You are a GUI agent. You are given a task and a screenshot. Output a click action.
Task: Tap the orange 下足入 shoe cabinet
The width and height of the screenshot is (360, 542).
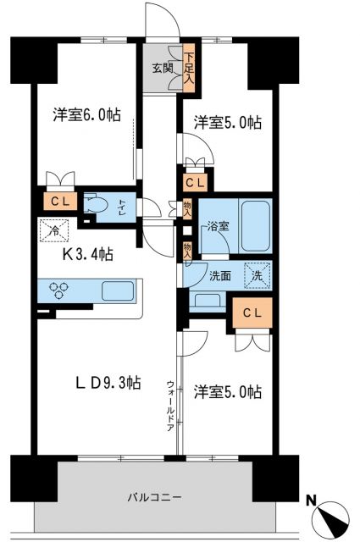(x=189, y=67)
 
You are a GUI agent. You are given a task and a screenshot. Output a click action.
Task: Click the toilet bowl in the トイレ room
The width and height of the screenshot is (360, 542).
(x=97, y=206)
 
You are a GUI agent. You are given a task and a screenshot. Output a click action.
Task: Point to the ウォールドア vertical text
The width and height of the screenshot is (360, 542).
(x=170, y=405)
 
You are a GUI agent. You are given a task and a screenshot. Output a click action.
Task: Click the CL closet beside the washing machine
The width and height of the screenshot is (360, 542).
(x=252, y=312)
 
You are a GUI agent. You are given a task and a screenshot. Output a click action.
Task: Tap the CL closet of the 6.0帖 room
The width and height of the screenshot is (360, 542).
(x=58, y=201)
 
